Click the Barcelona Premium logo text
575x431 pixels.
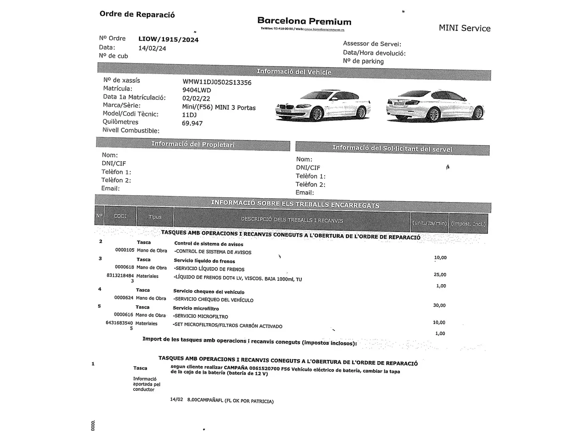[304, 22]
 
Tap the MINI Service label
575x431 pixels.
[464, 28]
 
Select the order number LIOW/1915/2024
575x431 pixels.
[168, 40]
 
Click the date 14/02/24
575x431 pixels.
[152, 48]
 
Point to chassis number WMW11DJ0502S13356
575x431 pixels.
[217, 83]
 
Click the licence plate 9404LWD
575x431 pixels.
[196, 90]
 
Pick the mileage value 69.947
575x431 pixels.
[192, 123]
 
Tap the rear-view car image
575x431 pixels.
[435, 106]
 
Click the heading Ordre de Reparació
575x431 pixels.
[137, 14]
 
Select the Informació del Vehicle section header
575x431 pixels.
[294, 72]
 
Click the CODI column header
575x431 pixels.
[120, 216]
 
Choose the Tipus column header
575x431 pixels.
[155, 217]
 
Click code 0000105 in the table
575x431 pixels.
[125, 250]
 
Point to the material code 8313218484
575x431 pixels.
[120, 276]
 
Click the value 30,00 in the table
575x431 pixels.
[439, 305]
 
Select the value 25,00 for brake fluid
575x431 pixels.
[440, 275]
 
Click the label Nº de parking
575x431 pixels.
[363, 61]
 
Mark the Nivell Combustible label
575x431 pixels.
[131, 130]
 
